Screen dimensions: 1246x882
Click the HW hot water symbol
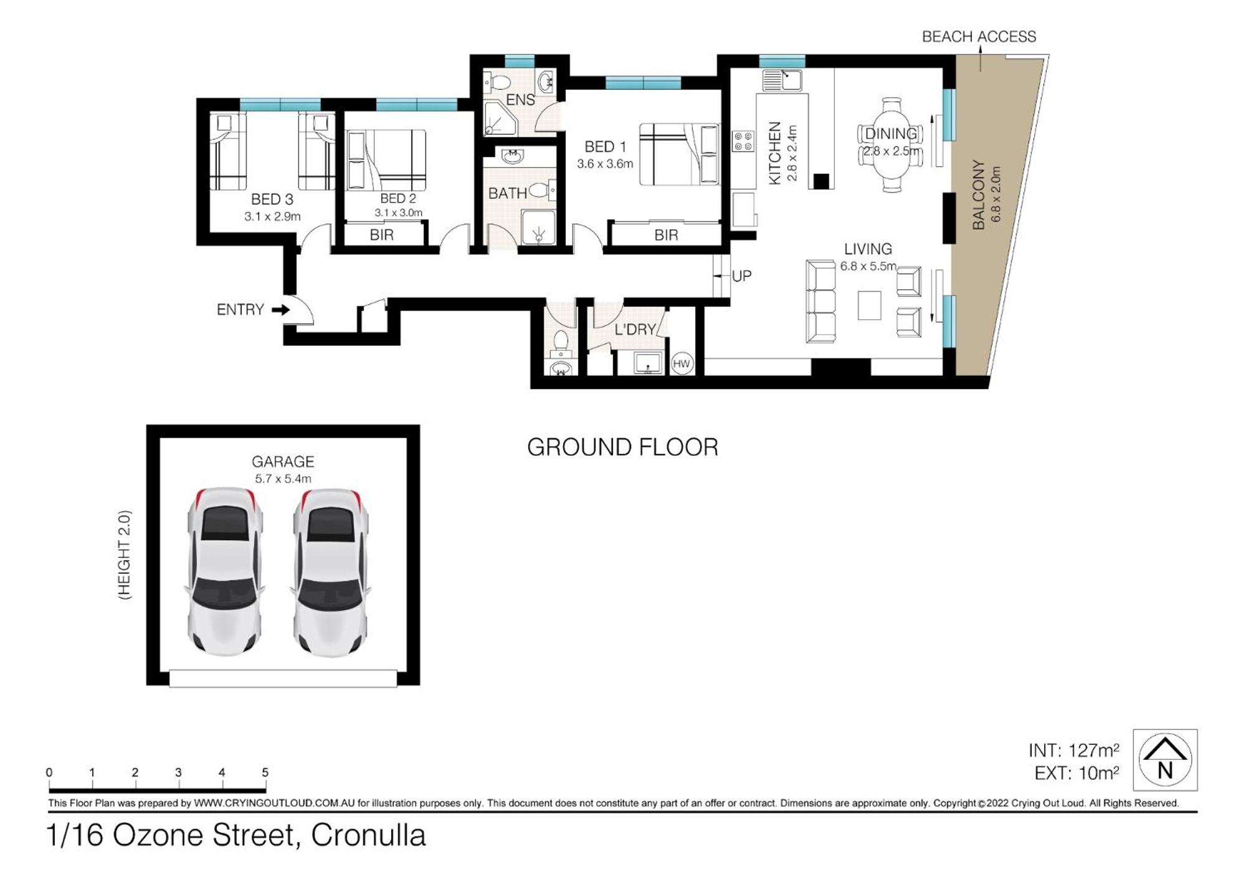(682, 363)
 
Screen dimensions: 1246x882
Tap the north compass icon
(1165, 760)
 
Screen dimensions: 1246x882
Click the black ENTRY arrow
(281, 309)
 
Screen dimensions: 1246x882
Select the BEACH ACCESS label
(979, 37)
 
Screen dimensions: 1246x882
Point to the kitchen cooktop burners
(743, 141)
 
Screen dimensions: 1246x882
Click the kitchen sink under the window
(782, 80)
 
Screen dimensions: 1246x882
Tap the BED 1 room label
(605, 146)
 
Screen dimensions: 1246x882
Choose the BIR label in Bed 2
(381, 235)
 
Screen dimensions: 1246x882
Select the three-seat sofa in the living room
(820, 302)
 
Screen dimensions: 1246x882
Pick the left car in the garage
(224, 572)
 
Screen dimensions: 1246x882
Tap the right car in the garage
(330, 572)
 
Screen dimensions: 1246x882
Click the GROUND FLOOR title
(622, 447)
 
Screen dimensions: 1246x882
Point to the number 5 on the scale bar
(265, 772)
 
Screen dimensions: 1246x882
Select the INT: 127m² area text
(1073, 750)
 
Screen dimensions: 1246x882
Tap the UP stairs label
(741, 276)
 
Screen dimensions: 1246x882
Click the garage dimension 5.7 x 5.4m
(283, 479)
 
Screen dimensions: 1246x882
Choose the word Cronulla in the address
(368, 835)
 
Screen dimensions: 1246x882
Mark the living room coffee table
(869, 305)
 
